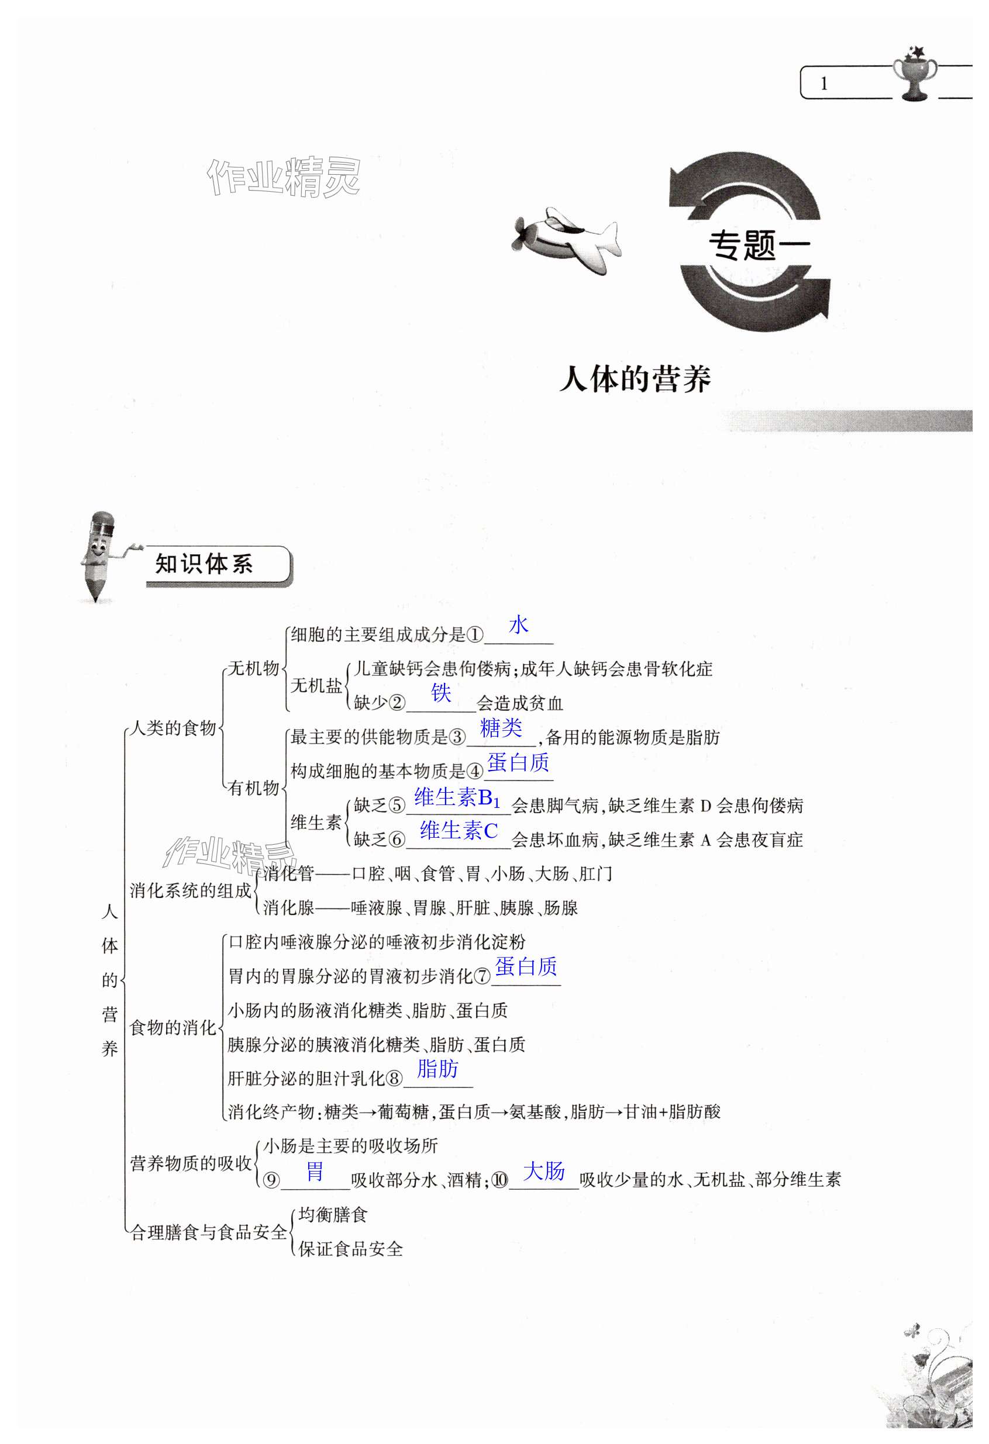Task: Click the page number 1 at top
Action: (823, 83)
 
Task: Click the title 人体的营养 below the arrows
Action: (634, 378)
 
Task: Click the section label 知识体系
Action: (204, 564)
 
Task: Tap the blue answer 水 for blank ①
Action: (518, 624)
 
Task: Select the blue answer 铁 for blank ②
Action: (441, 693)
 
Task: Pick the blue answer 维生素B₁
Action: (457, 797)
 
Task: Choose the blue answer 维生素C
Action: (459, 830)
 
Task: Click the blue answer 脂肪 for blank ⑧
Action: (437, 1069)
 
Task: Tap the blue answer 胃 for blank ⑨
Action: (315, 1171)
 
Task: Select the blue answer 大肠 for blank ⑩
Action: (544, 1171)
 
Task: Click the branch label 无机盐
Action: (316, 686)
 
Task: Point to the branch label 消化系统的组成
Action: (191, 890)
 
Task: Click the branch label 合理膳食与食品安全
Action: (209, 1233)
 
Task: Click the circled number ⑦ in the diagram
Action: (482, 976)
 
